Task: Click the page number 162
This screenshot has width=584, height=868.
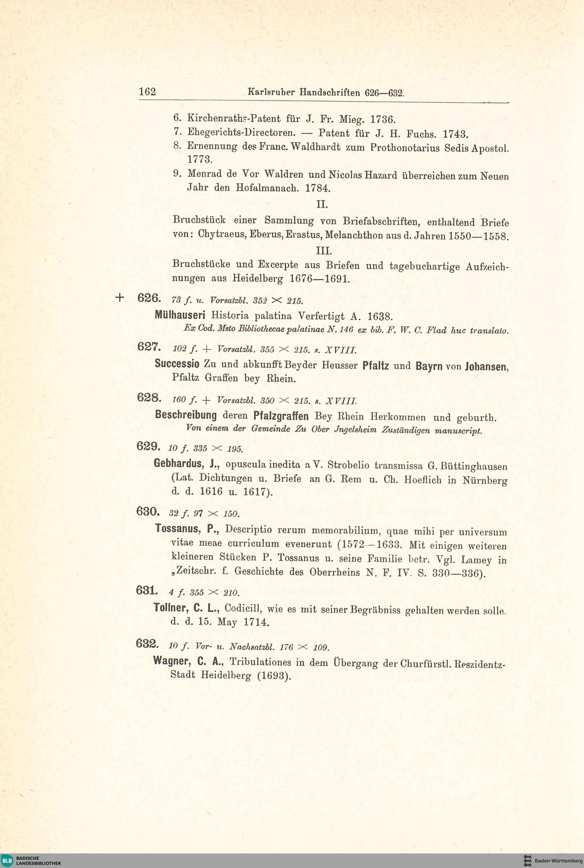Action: coord(147,92)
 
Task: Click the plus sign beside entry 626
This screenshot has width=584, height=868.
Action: coord(119,297)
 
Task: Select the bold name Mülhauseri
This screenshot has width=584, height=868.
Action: coord(180,315)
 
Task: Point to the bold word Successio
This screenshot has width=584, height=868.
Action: coord(177,364)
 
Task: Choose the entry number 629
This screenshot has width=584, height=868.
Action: coord(149,446)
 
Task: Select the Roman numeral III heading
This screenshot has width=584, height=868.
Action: coord(324,250)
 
